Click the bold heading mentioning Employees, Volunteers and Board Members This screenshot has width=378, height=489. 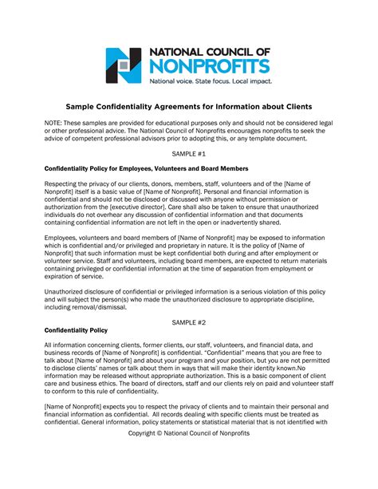[x=146, y=168]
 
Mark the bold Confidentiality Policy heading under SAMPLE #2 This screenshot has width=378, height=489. [x=77, y=307]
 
